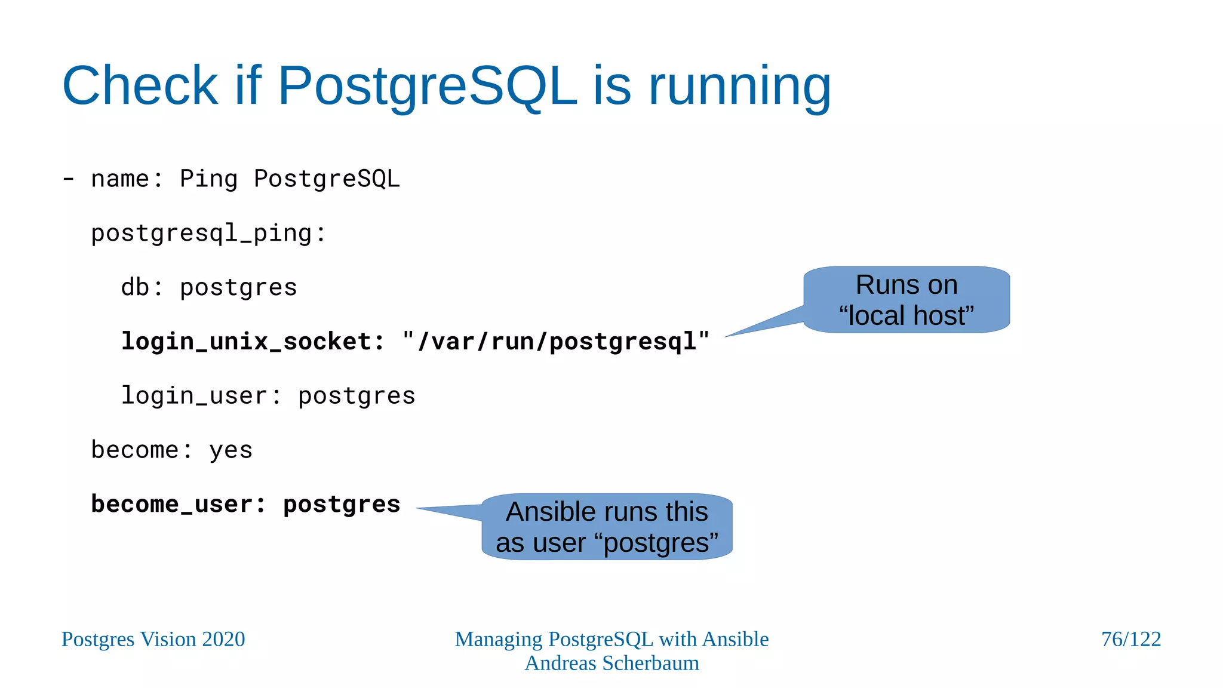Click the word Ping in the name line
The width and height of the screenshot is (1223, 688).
[208, 179]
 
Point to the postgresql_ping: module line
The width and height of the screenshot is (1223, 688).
[208, 234]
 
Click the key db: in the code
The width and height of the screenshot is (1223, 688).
[142, 287]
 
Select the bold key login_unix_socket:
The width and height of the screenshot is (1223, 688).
[253, 342]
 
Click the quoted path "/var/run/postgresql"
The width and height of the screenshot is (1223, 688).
[556, 342]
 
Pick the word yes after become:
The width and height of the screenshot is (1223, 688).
[231, 450]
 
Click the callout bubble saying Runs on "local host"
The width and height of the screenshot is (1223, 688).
[906, 300]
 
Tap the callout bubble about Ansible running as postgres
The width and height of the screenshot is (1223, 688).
[607, 527]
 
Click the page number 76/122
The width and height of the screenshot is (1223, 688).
[1130, 639]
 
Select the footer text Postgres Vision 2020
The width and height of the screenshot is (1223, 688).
[153, 639]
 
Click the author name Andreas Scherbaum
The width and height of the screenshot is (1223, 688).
[611, 663]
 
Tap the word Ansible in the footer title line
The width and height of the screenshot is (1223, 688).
[735, 639]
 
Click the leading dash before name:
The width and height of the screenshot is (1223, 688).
[69, 179]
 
